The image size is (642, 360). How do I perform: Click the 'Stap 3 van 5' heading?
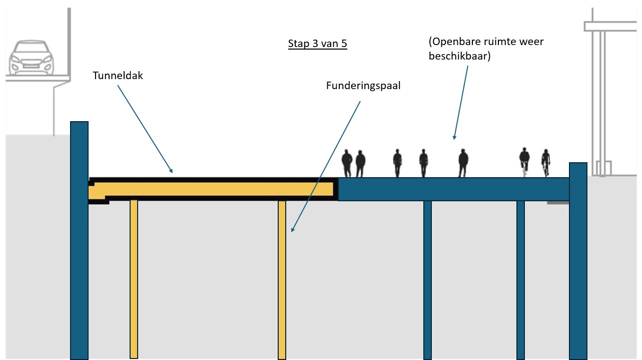317,44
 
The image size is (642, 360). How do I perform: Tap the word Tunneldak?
118,76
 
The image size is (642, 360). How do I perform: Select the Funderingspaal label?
363,86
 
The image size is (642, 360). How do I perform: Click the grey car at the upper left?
31,57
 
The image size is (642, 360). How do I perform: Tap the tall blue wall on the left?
79,240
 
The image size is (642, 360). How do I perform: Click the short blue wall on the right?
578,260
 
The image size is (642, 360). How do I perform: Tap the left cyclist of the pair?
524,162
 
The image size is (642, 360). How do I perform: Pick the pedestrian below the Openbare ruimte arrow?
463,163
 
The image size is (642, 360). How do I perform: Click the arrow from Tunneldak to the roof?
145,128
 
